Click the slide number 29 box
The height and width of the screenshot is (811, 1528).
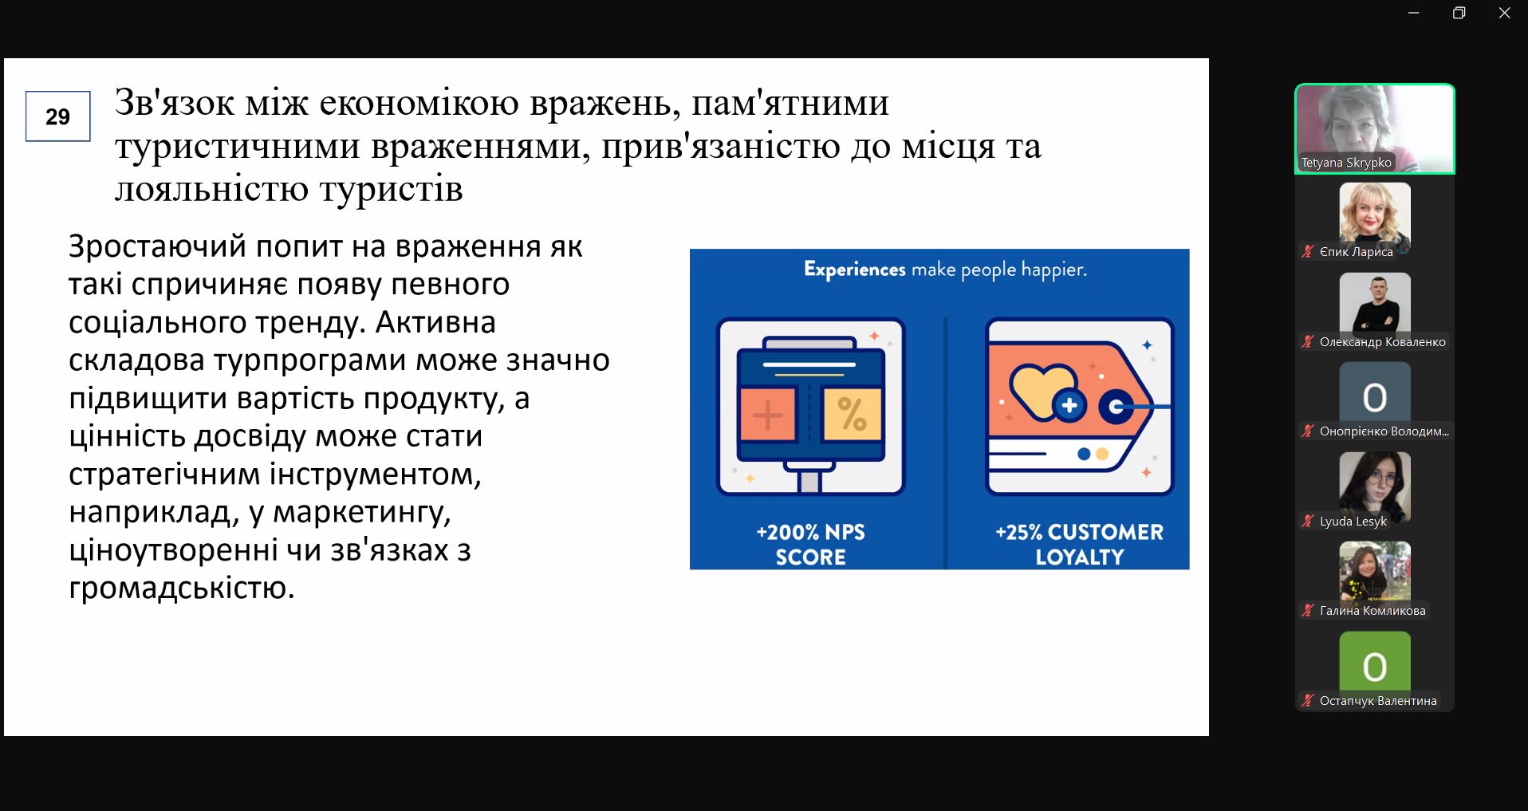[x=58, y=116]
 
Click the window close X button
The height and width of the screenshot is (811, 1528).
[x=1505, y=13]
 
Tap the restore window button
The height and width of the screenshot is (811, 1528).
[x=1459, y=13]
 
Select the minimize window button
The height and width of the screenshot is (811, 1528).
[x=1414, y=13]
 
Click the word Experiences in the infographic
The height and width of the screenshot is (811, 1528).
[x=854, y=270]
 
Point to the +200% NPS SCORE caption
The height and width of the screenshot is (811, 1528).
[x=810, y=544]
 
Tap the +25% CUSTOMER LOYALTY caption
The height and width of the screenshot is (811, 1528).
[x=1079, y=544]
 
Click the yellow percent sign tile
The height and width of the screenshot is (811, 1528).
[x=852, y=414]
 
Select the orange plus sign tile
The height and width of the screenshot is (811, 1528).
[x=767, y=414]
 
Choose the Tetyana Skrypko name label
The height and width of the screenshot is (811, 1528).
[x=1346, y=163]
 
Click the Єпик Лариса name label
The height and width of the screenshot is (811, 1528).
[x=1356, y=252]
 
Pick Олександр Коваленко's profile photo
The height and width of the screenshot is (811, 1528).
[x=1375, y=302]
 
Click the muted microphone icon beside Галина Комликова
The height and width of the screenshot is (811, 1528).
[x=1308, y=611]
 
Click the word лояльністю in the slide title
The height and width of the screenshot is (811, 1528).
[x=209, y=190]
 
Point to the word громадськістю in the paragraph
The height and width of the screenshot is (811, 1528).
[x=182, y=589]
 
